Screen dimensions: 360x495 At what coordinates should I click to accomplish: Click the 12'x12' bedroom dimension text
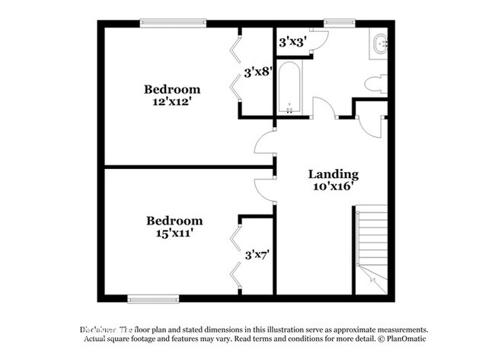pos(173,102)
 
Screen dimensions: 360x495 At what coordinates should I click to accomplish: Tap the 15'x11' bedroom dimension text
pos(174,234)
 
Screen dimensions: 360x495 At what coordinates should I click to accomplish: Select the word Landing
pos(333,174)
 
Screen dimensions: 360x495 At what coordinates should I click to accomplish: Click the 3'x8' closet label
pos(257,73)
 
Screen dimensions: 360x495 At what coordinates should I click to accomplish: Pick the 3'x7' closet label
pos(258,255)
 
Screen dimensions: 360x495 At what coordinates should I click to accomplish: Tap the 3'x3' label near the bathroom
pos(292,42)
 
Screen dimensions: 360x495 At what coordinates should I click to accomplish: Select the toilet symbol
pos(375,84)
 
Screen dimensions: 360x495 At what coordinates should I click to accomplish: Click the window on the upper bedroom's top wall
pos(174,23)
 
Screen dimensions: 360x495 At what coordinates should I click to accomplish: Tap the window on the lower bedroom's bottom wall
pos(153,298)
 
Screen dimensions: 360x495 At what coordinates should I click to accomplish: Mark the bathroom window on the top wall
pos(335,23)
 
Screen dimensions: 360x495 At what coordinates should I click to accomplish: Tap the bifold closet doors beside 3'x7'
pos(235,254)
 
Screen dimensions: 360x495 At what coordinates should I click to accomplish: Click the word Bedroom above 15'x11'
pos(174,221)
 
